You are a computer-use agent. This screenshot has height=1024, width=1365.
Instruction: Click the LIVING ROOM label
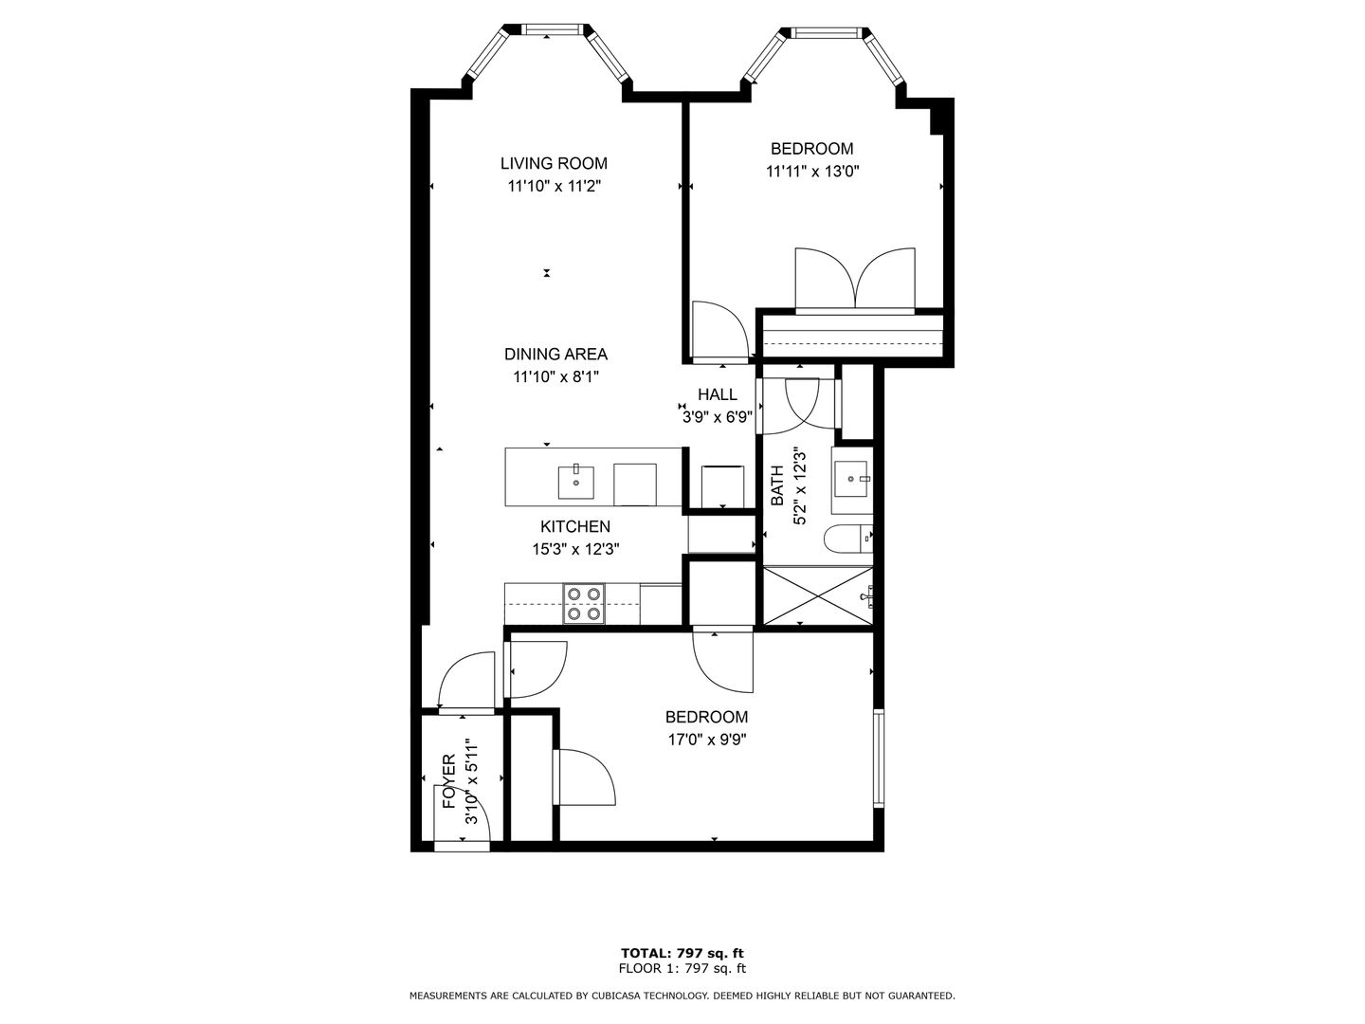point(554,163)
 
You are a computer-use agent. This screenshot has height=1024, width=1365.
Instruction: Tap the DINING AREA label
point(555,355)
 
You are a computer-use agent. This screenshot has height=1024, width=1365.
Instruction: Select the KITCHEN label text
point(575,526)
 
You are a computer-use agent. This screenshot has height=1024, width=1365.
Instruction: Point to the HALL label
point(717,394)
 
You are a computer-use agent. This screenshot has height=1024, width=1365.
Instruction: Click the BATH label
point(776,485)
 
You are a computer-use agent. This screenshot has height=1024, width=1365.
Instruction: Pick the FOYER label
point(449,781)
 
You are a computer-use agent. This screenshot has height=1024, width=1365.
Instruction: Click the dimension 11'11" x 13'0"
point(812,171)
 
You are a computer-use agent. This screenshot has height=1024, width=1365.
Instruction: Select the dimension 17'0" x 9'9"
point(706,740)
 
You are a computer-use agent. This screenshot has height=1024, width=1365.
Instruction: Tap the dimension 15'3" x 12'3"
point(575,550)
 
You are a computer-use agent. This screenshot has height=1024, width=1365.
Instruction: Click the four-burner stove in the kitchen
point(584,603)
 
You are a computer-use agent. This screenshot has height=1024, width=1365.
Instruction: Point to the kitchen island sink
point(575,482)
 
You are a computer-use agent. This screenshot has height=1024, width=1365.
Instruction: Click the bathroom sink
point(850,479)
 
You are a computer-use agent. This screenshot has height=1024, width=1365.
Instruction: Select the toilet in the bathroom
point(847,539)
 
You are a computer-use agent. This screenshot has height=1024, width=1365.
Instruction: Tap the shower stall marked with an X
point(818,595)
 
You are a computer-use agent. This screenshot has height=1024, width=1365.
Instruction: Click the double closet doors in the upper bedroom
point(855,279)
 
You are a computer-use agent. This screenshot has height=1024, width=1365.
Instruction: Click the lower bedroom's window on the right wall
point(879,758)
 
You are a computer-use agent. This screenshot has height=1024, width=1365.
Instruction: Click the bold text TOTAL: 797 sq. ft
point(682,953)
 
